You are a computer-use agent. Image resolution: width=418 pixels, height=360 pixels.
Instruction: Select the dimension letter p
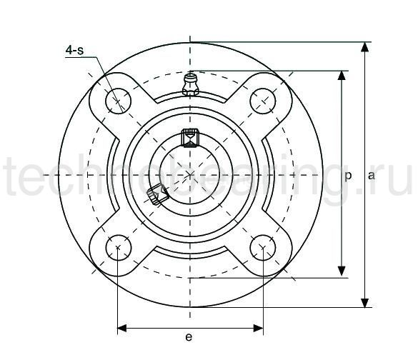click(x=348, y=175)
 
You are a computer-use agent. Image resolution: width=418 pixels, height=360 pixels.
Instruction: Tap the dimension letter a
click(x=372, y=175)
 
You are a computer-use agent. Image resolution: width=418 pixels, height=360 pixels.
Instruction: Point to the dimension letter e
click(x=189, y=338)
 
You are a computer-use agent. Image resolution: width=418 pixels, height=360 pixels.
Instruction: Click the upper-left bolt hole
click(x=116, y=101)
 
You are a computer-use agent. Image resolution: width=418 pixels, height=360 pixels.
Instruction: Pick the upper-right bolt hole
click(x=263, y=101)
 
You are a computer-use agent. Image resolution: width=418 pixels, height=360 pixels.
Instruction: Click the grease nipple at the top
click(x=190, y=84)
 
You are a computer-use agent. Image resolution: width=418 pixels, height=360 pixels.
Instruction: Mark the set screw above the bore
click(x=190, y=136)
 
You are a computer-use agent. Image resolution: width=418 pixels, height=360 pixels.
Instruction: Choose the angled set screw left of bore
click(x=156, y=193)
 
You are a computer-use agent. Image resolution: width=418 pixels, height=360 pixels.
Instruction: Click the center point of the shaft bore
click(x=190, y=174)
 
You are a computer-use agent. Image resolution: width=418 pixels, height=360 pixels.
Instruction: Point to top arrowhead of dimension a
click(x=365, y=48)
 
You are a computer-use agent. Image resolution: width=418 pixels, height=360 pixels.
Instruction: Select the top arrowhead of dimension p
click(x=342, y=76)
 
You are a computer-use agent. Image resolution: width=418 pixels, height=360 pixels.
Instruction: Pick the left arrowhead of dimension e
click(x=122, y=328)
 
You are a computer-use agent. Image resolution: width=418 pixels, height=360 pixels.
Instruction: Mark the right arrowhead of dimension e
click(x=258, y=328)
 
